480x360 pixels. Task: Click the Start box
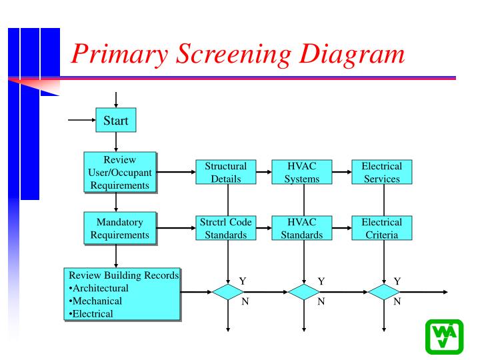[x=115, y=121]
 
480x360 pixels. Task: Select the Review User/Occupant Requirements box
[x=119, y=172]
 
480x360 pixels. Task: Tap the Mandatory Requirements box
[x=119, y=228]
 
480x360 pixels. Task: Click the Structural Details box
[x=225, y=172]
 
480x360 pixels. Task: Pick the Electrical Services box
[x=381, y=172]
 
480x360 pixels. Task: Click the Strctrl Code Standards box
[x=225, y=228]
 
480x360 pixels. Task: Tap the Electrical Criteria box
[x=381, y=228]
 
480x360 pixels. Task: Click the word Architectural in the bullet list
[x=101, y=288]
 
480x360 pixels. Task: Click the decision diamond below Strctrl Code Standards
[x=228, y=292]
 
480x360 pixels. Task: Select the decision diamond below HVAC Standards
[x=304, y=292]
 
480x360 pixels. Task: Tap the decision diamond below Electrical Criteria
[x=384, y=292]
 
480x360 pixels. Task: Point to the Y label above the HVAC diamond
[x=321, y=281]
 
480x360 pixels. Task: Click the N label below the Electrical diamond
[x=397, y=302]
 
